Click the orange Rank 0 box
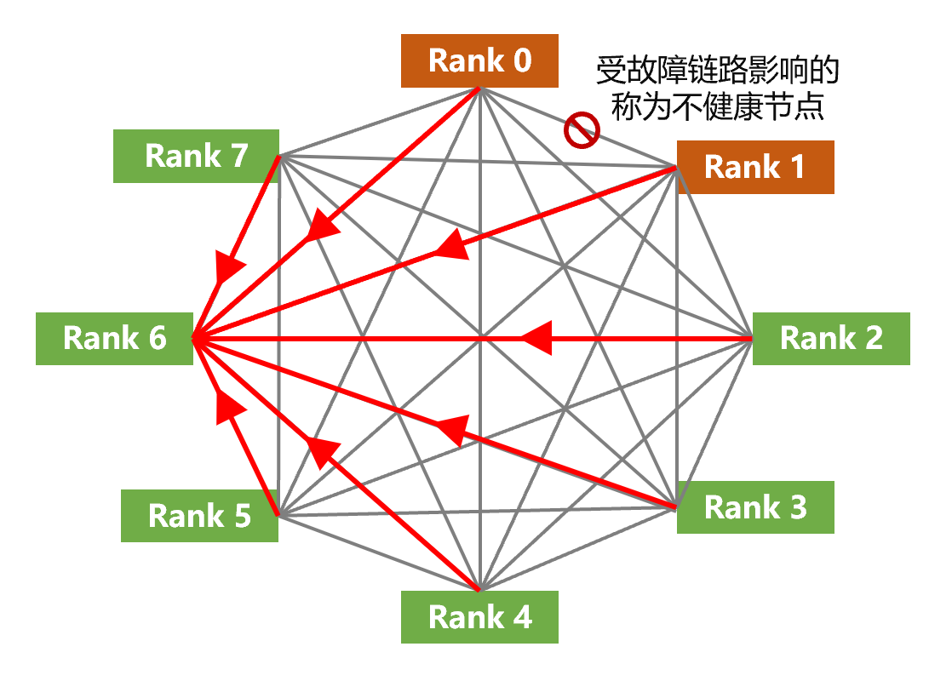coord(479,60)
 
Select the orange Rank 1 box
coord(755,168)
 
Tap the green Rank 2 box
coord(831,339)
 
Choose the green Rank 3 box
coord(755,507)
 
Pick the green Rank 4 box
coord(479,616)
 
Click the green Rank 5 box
coord(200,516)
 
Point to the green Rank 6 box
coord(115,339)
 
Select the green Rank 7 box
coord(196,156)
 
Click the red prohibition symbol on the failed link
coord(582,129)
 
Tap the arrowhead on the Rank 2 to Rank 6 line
coord(537,338)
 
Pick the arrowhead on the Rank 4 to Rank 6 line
coord(322,452)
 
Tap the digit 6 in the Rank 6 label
coord(158,338)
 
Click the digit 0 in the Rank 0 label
coord(523,60)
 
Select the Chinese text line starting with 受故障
coord(717,71)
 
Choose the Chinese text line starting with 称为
coord(717,106)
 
